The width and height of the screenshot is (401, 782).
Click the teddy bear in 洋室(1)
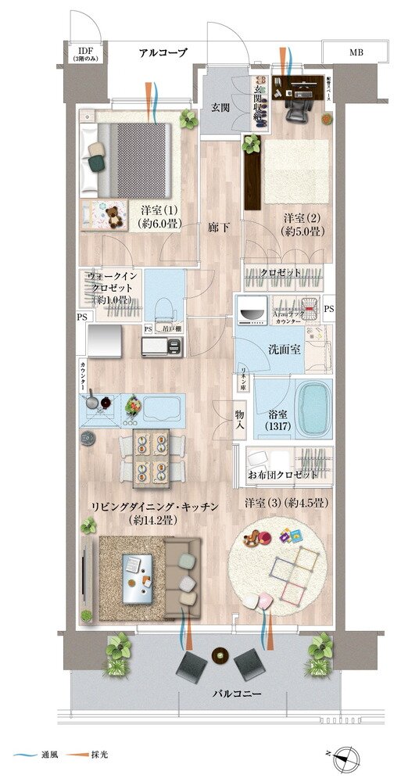click(x=114, y=215)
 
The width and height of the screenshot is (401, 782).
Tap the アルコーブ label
click(x=163, y=52)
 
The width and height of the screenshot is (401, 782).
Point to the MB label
click(x=356, y=52)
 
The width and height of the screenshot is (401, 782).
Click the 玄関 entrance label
click(x=220, y=107)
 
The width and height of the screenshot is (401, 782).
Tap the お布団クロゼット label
click(x=283, y=475)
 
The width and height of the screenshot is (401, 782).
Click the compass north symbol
click(x=349, y=756)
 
